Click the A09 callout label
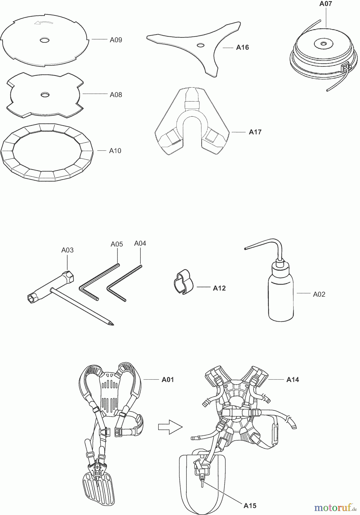pos(116,40)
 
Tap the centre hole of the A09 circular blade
pos(45,41)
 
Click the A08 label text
pos(116,95)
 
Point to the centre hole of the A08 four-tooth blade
pos(45,94)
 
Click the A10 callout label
pos(115,151)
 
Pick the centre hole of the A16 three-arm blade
pos(200,45)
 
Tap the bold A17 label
pos(255,132)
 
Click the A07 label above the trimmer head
pos(325,4)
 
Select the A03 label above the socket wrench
pos(67,250)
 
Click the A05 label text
pos(117,244)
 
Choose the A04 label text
pos(140,243)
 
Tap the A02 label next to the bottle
pos(319,294)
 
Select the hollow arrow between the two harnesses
pos(170,427)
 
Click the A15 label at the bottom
pos(250,506)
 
